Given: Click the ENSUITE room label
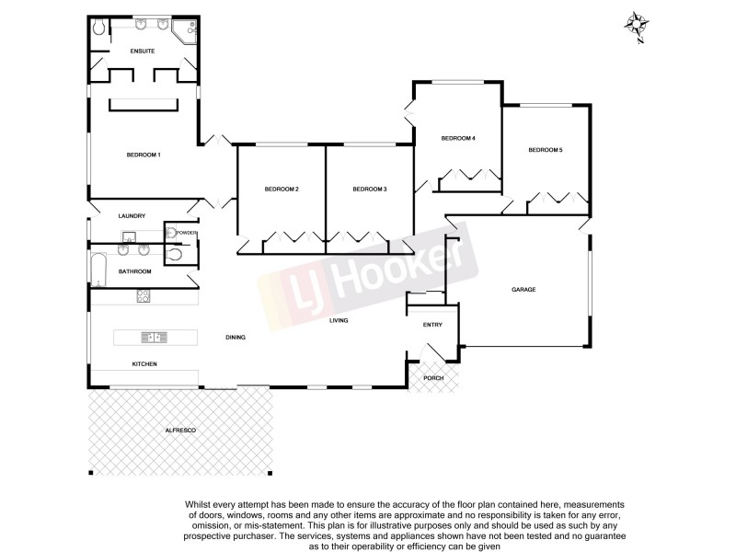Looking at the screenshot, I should coord(143,52).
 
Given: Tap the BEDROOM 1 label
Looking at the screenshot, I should coord(144,155).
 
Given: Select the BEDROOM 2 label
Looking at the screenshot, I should coord(282,189).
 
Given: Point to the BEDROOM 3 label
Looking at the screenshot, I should coord(370,189).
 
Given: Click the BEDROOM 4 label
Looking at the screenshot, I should coord(458,138).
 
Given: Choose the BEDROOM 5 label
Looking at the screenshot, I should coord(545,150).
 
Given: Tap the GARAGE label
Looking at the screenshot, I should coord(523,290).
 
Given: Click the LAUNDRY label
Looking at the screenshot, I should coord(132,216).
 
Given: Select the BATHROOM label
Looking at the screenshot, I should coord(134,271).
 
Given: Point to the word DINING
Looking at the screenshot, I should coord(236,338).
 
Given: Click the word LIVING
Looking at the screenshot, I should coord(341,320).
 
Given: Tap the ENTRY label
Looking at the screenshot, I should coord(432,325).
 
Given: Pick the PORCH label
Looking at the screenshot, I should coord(432,378).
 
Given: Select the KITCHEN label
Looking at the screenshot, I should coord(144,365).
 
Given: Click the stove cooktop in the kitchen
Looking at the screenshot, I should coord(144,296).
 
